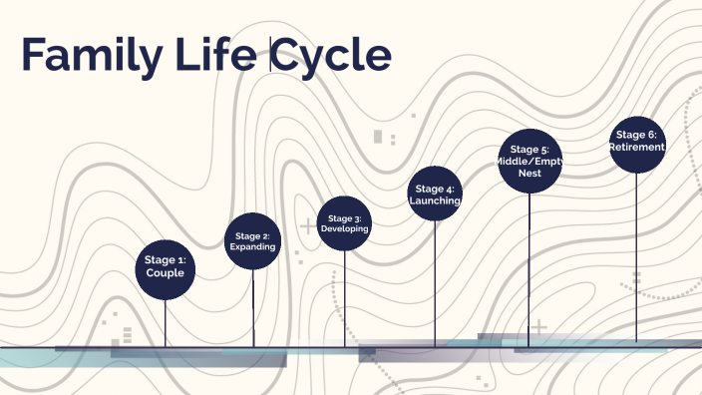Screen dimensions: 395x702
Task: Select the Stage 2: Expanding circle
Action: tap(253, 240)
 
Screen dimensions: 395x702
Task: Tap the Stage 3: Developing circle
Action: tap(345, 222)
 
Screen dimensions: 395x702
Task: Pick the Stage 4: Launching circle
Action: tap(435, 194)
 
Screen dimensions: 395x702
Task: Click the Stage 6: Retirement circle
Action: tap(637, 145)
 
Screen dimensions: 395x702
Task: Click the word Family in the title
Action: tap(89, 57)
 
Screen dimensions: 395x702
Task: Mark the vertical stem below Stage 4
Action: tap(435, 283)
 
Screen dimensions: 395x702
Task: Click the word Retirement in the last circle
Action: tap(637, 148)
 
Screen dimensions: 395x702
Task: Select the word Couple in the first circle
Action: tap(165, 272)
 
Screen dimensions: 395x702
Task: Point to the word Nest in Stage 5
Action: tap(529, 173)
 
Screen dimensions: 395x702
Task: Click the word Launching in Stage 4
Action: tap(435, 200)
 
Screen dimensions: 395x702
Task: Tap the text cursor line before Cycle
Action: tap(270, 55)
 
